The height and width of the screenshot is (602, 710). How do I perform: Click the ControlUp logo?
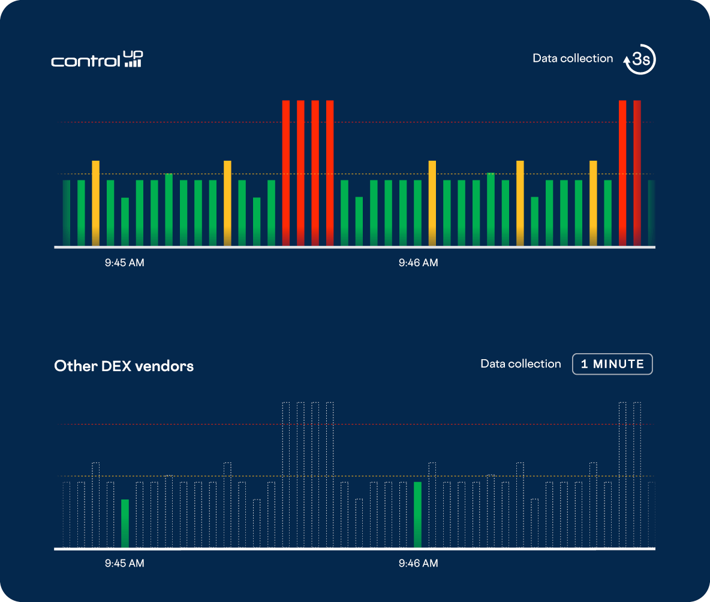[x=97, y=59]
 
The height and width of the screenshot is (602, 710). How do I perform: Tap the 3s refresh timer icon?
[x=640, y=59]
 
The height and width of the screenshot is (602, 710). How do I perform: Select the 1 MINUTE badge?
[x=612, y=364]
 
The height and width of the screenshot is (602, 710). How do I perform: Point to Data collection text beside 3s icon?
[x=573, y=58]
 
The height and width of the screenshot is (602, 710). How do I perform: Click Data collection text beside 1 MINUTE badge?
[x=521, y=364]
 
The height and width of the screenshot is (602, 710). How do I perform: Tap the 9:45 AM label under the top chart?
[x=125, y=263]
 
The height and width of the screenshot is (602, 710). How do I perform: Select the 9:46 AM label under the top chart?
[x=418, y=263]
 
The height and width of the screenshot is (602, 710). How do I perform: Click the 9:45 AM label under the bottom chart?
[x=125, y=563]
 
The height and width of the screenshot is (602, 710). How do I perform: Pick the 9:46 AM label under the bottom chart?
[x=418, y=563]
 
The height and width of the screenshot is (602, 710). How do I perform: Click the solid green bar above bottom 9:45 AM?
[x=125, y=523]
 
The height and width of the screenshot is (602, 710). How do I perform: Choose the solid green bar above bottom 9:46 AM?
[x=417, y=514]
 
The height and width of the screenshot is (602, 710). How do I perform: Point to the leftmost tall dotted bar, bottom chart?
[x=286, y=474]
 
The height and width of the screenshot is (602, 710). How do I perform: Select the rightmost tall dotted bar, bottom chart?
[x=637, y=474]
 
